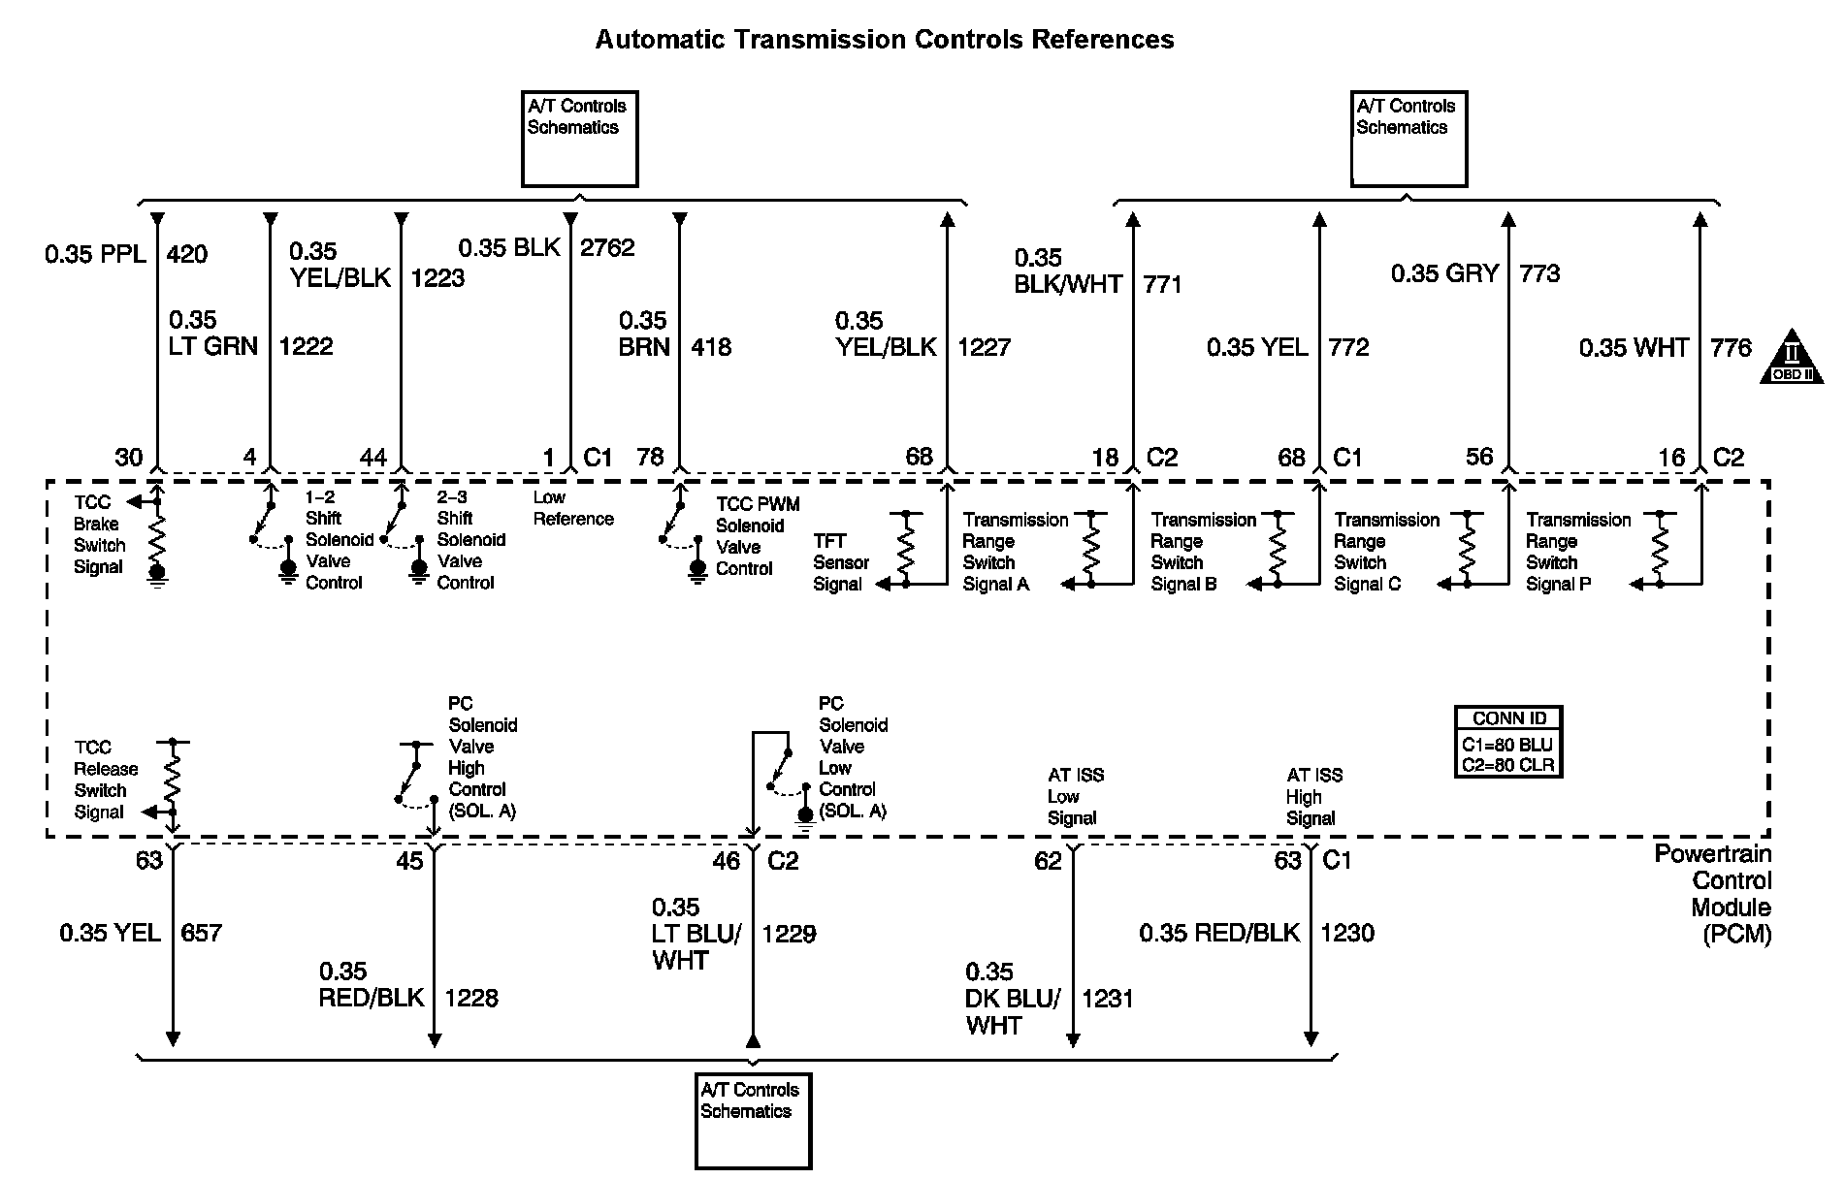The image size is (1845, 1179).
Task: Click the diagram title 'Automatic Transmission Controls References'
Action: [x=884, y=40]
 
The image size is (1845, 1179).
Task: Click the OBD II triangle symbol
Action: [x=1791, y=357]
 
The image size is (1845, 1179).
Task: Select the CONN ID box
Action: [x=1508, y=742]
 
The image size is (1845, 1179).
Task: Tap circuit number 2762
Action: [x=607, y=247]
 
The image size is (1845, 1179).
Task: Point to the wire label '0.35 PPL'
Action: [x=95, y=254]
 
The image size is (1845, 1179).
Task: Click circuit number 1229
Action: [x=789, y=934]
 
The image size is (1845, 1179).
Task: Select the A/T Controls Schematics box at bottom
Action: [x=753, y=1120]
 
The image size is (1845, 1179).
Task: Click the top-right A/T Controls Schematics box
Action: [x=1408, y=138]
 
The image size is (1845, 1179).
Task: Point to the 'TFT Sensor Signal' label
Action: [x=840, y=562]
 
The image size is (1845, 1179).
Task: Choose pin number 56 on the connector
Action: [x=1478, y=457]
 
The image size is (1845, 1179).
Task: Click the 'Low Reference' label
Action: [x=572, y=508]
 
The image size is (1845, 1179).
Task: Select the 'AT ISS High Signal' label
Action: [x=1313, y=796]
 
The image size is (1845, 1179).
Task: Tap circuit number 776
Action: [x=1731, y=347]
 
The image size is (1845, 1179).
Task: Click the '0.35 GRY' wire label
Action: [x=1444, y=273]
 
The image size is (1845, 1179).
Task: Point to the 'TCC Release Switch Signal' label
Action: [x=105, y=780]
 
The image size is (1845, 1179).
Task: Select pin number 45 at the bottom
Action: [x=409, y=861]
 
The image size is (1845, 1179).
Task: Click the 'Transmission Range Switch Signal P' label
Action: [x=1577, y=552]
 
